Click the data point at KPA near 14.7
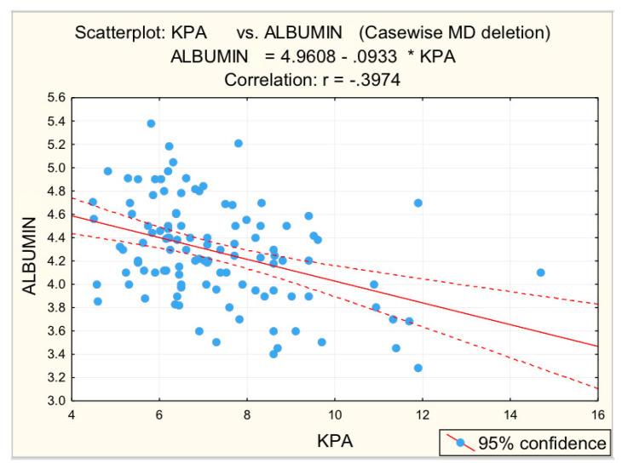(x=540, y=272)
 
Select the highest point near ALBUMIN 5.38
(x=151, y=123)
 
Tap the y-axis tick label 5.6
(x=55, y=99)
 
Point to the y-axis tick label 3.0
(x=55, y=401)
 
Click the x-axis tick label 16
(x=597, y=415)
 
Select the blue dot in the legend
(x=461, y=443)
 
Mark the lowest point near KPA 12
(x=418, y=368)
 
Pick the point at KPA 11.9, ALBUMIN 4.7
(x=418, y=203)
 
